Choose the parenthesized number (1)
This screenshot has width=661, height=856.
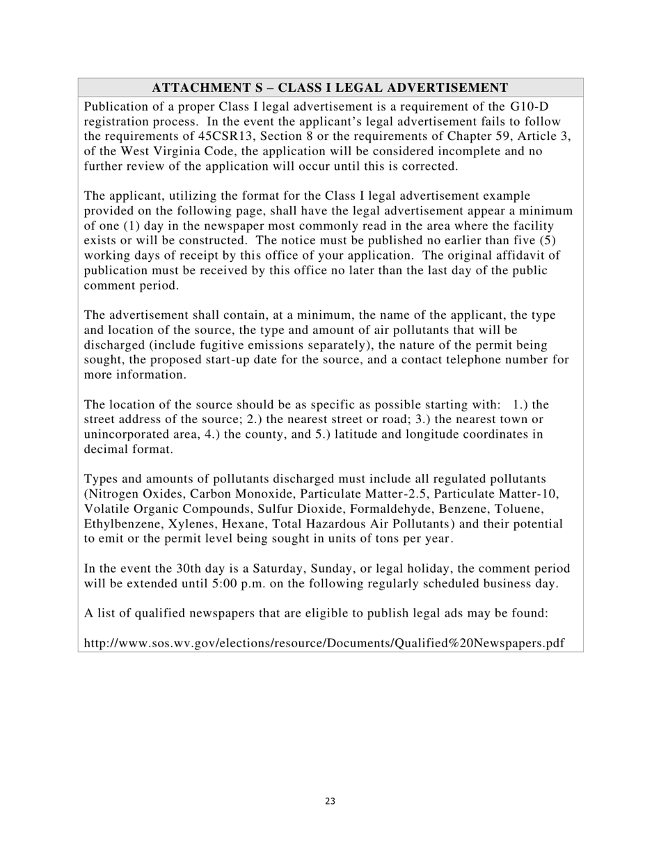[x=134, y=225]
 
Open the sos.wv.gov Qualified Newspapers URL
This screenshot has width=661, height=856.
[x=324, y=643]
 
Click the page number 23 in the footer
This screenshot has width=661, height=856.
[x=330, y=802]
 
